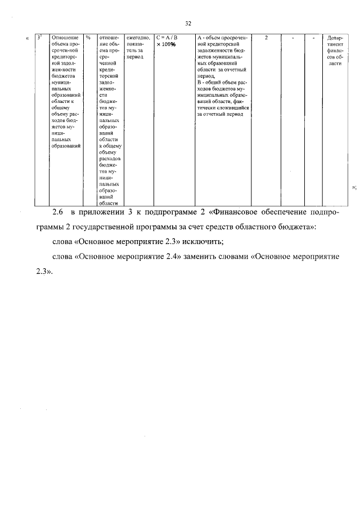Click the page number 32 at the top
(188, 23)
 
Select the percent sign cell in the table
(88, 38)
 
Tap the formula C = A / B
(167, 38)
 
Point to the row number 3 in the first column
(38, 38)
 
